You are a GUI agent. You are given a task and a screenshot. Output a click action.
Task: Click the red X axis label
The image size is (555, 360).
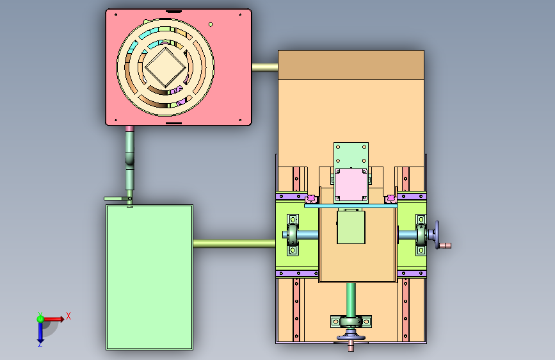pyautogui.click(x=68, y=316)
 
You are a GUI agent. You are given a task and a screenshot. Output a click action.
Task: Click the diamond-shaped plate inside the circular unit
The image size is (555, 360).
pyautogui.click(x=165, y=67)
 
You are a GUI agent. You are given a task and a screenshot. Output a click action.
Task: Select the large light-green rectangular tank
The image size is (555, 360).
pyautogui.click(x=149, y=277)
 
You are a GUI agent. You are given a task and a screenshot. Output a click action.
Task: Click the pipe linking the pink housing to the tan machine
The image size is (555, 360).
pyautogui.click(x=265, y=67)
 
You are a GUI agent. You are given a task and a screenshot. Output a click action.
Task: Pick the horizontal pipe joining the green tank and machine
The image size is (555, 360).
pyautogui.click(x=234, y=243)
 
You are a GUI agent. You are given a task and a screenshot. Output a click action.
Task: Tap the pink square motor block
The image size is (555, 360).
pyautogui.click(x=351, y=185)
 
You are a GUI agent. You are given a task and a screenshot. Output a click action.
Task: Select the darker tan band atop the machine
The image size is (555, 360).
pyautogui.click(x=351, y=65)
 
